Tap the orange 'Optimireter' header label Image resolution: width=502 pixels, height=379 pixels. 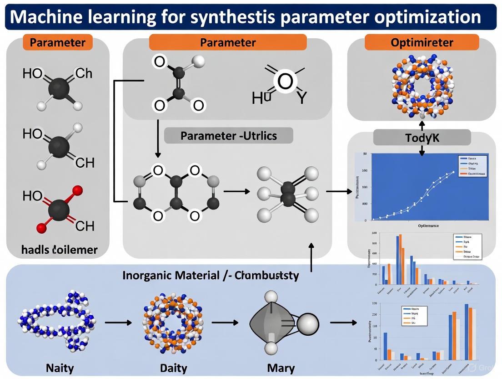tap(422, 43)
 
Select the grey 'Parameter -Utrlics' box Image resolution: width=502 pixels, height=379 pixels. tap(228, 136)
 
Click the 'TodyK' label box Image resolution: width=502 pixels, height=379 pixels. tap(422, 138)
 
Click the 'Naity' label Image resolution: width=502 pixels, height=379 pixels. tap(60, 368)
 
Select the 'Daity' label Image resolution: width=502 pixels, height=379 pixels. tap(174, 368)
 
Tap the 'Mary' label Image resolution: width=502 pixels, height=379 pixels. tap(281, 368)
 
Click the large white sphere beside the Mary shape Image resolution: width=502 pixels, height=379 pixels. tap(307, 324)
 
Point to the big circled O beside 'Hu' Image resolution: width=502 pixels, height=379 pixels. tap(285, 82)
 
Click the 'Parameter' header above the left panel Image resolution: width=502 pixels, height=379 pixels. tap(58, 43)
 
